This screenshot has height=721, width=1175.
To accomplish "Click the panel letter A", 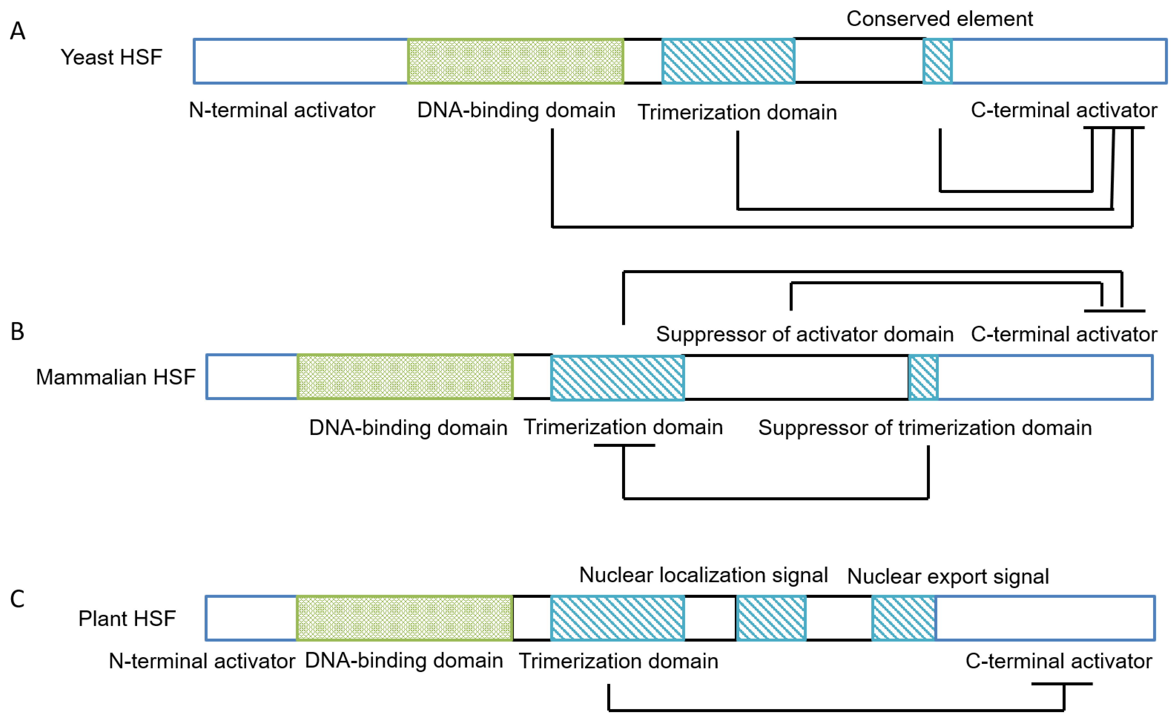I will tap(18, 31).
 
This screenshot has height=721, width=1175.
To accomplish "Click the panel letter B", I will tap(18, 331).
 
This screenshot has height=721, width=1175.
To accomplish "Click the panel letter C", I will tap(18, 599).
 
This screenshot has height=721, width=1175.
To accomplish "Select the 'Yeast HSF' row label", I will tap(111, 57).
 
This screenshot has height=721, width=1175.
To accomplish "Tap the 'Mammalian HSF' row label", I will tap(115, 377).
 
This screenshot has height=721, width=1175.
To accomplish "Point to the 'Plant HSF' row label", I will tap(127, 619).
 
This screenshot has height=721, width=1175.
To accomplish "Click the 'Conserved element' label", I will tap(939, 19).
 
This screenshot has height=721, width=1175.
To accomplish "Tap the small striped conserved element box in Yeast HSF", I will tap(937, 61).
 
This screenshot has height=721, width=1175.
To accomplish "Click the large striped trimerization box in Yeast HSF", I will tap(728, 61).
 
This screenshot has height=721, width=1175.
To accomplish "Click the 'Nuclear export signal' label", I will tap(948, 577).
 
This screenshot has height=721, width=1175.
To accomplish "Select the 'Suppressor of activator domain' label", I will tap(804, 334).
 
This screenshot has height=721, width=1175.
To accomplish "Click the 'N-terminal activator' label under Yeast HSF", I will tap(282, 110).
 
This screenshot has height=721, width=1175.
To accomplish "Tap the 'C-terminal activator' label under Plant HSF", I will tap(1059, 661).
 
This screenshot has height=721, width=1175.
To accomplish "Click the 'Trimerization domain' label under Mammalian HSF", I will tap(623, 427).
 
